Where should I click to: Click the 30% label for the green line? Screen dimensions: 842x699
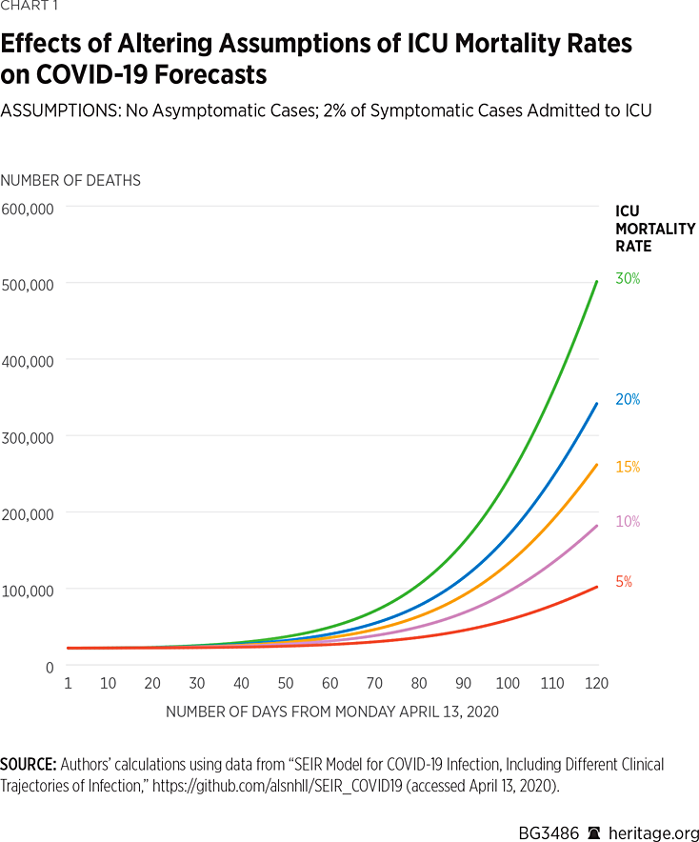pyautogui.click(x=628, y=279)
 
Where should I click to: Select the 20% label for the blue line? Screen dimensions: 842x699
pyautogui.click(x=628, y=400)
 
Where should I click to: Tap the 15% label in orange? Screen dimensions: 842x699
pyautogui.click(x=628, y=468)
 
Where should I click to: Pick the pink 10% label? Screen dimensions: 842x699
pyautogui.click(x=628, y=522)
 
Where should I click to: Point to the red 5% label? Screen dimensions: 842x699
pyautogui.click(x=624, y=581)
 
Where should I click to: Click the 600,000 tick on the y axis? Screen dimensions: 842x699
pyautogui.click(x=28, y=208)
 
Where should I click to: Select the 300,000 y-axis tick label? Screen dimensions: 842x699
pyautogui.click(x=28, y=437)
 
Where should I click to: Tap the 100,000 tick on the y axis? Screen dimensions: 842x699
pyautogui.click(x=28, y=591)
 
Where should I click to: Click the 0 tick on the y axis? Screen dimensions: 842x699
pyautogui.click(x=50, y=667)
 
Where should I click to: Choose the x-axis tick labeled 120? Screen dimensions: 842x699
pyautogui.click(x=597, y=684)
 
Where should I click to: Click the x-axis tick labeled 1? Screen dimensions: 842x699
pyautogui.click(x=69, y=684)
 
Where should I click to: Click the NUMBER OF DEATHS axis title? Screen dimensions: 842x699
pyautogui.click(x=71, y=180)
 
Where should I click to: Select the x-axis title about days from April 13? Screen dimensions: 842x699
pyautogui.click(x=332, y=712)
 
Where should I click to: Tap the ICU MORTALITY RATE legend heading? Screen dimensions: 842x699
pyautogui.click(x=654, y=229)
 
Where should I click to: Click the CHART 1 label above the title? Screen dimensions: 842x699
pyautogui.click(x=27, y=10)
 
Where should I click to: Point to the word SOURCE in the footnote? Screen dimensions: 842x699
pyautogui.click(x=28, y=765)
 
